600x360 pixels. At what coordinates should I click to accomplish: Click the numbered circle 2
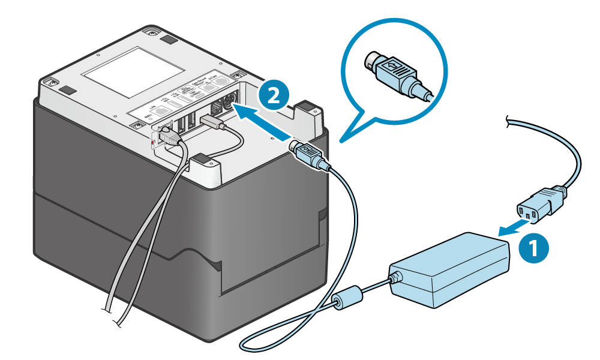click(274, 97)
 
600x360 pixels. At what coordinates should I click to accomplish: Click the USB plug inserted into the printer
click(214, 124)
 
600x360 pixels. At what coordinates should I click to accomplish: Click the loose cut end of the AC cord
click(509, 121)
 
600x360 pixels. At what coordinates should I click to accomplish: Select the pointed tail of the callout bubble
click(343, 141)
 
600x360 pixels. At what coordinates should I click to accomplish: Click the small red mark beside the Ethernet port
click(154, 142)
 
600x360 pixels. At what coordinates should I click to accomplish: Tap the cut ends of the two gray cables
click(115, 318)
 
